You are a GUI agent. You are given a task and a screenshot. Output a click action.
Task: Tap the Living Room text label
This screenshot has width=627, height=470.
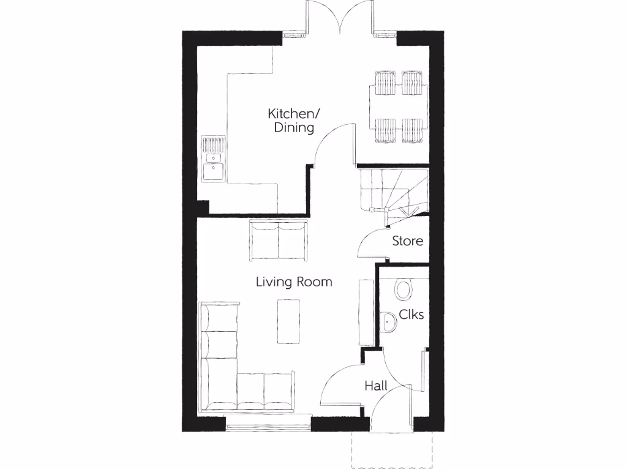coord(294,282)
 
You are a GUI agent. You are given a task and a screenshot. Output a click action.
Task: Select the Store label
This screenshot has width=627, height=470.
coord(407,241)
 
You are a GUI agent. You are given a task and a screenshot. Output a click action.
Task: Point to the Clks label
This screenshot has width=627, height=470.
coord(411,315)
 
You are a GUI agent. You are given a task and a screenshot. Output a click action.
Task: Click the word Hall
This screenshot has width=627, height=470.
coord(376,386)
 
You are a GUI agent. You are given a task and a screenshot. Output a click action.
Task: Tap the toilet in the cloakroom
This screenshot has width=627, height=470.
coord(404,289)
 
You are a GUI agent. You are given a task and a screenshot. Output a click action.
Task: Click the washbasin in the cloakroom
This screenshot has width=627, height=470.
coord(388,322)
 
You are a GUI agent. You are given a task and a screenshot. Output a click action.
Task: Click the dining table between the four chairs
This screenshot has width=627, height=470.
coord(398,107)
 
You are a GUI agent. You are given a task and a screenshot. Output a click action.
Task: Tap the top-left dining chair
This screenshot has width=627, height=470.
coord(384,83)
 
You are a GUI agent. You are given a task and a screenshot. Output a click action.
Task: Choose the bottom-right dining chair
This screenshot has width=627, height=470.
coord(412,130)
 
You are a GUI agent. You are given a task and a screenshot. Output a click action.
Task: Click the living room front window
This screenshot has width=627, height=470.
coord(268,422)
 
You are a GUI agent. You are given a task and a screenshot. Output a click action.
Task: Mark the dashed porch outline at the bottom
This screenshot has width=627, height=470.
coord(392,450)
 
